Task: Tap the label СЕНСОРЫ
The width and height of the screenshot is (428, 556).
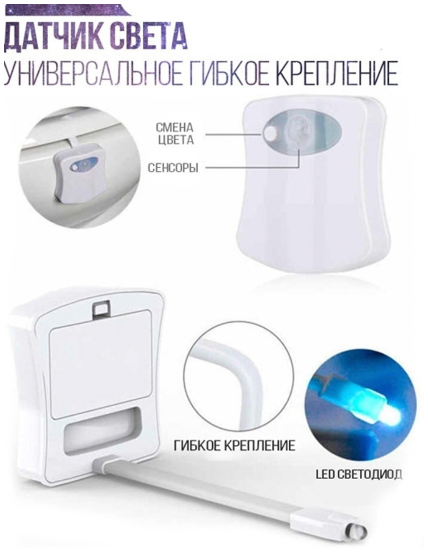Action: point(173,168)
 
